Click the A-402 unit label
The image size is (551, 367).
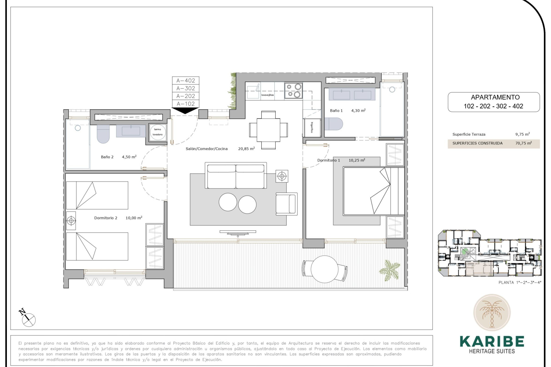[185, 81]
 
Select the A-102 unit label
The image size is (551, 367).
[185, 104]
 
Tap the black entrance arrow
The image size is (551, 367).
[185, 110]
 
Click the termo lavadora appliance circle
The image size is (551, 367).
[158, 132]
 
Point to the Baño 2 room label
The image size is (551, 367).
[107, 157]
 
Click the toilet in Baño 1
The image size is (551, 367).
[334, 124]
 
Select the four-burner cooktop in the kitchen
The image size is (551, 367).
[294, 90]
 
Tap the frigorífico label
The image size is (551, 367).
[312, 127]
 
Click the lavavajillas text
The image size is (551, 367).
[267, 95]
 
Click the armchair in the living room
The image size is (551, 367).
[286, 204]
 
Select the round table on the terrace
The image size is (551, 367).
[325, 269]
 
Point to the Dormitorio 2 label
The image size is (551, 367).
[106, 218]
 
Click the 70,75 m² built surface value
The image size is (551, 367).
[523, 143]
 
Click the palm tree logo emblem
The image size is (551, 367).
[492, 313]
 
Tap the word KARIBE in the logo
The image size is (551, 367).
[492, 341]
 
